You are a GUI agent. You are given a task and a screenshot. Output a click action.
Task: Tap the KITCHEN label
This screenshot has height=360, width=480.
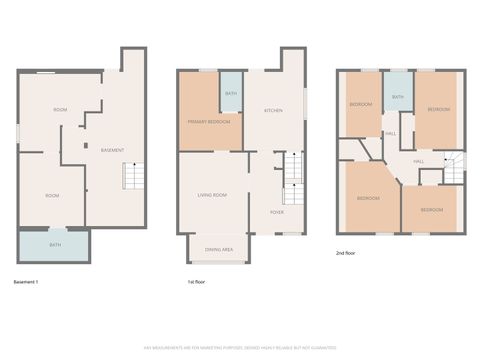[273, 110]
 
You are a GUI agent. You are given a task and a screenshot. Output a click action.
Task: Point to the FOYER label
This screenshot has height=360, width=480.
[276, 212]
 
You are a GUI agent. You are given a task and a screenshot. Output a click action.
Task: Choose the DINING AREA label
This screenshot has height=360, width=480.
[219, 248]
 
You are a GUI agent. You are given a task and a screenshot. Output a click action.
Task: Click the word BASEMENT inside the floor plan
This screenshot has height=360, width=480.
[113, 150]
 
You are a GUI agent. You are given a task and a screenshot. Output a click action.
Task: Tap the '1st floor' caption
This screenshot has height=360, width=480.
[197, 283]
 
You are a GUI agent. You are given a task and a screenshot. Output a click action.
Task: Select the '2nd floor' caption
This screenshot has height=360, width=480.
[346, 254]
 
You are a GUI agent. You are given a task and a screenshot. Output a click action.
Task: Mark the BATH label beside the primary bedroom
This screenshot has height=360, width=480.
[230, 94]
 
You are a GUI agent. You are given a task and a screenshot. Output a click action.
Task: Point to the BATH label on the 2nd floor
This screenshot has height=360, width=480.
[398, 97]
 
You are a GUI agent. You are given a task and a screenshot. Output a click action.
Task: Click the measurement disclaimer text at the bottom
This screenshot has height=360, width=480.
[239, 347]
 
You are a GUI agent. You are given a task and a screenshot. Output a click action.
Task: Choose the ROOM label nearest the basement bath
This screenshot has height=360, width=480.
[52, 195]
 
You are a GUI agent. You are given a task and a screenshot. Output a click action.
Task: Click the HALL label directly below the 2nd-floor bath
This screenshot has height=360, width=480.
[391, 133]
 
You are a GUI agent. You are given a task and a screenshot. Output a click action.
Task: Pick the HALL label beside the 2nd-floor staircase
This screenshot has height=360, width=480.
[418, 161]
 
